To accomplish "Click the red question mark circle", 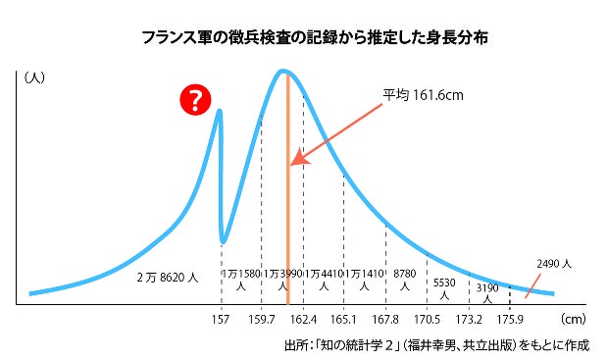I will [x=196, y=100].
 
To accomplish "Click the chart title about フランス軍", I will [x=302, y=39].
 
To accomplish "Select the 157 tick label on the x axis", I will [x=221, y=320].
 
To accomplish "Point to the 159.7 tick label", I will [x=260, y=320].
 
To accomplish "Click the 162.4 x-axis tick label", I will [x=303, y=320].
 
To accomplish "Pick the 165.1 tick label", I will [x=343, y=320].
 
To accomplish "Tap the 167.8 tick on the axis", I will [x=385, y=320].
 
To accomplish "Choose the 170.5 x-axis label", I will [x=427, y=320].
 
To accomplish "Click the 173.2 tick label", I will [x=469, y=320].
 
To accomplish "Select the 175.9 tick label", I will [x=510, y=320].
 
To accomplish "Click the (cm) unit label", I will [x=573, y=320].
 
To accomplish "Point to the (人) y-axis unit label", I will [x=34, y=76].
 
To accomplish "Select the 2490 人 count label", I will [x=554, y=264].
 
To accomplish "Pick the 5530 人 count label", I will [x=445, y=287].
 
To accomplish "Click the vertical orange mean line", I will [x=287, y=196].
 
